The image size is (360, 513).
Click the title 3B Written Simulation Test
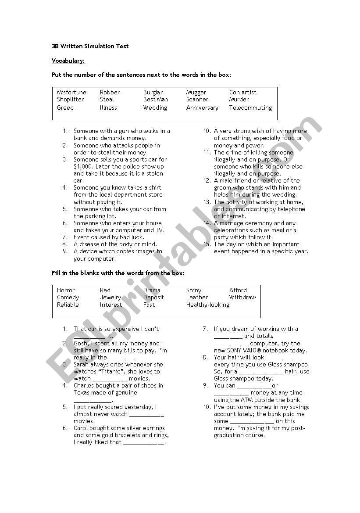tap(90, 46)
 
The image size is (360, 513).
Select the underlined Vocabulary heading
tap(68, 61)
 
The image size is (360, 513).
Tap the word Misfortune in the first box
tap(71, 92)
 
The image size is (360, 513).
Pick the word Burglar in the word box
tap(153, 92)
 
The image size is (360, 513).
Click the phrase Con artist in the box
tap(242, 92)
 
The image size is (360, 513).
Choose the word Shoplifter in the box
tap(70, 100)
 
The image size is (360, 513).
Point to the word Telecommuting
tap(250, 108)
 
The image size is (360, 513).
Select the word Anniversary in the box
tap(202, 108)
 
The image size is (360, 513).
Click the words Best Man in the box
tap(155, 100)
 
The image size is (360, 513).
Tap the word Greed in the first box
tap(65, 108)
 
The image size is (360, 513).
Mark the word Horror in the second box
tap(66, 290)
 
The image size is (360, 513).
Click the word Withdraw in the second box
tap(242, 297)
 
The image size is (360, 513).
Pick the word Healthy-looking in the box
tap(208, 305)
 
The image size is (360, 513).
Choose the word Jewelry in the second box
tap(110, 297)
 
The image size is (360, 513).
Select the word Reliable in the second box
tap(68, 305)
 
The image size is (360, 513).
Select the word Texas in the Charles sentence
tap(82, 393)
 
